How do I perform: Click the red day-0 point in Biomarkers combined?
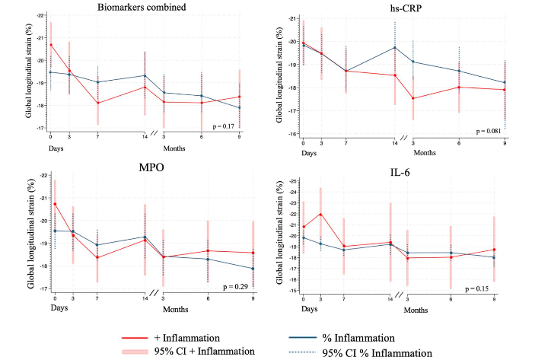pyautogui.click(x=51, y=45)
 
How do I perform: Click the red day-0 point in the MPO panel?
pyautogui.click(x=55, y=203)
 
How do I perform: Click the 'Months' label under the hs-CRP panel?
pyautogui.click(x=424, y=153)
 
